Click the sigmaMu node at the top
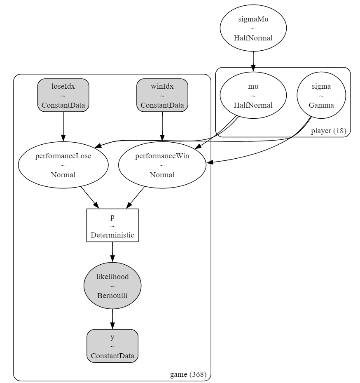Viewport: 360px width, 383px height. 253,28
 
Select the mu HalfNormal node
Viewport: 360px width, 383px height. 253,95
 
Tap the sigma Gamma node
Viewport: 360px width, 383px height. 321,95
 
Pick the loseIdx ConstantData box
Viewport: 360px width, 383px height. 63,95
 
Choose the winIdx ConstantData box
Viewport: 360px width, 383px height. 162,95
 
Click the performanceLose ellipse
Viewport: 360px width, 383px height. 63,165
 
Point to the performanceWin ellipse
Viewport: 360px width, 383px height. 162,165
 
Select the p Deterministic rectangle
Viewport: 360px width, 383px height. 112,225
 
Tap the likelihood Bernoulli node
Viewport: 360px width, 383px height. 112,286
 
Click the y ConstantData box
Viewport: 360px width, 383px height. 112,346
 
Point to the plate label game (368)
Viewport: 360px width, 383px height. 188,374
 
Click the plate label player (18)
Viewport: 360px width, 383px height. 329,131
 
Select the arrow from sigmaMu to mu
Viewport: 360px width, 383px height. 253,61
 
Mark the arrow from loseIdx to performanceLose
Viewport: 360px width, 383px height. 63,127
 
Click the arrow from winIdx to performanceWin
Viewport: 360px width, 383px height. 162,127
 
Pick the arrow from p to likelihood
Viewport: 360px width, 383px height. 112,252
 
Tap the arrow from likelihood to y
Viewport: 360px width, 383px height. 112,319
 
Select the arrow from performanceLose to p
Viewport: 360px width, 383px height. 90,197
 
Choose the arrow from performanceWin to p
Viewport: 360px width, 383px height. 136,197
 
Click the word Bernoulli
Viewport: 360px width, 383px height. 112,296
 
